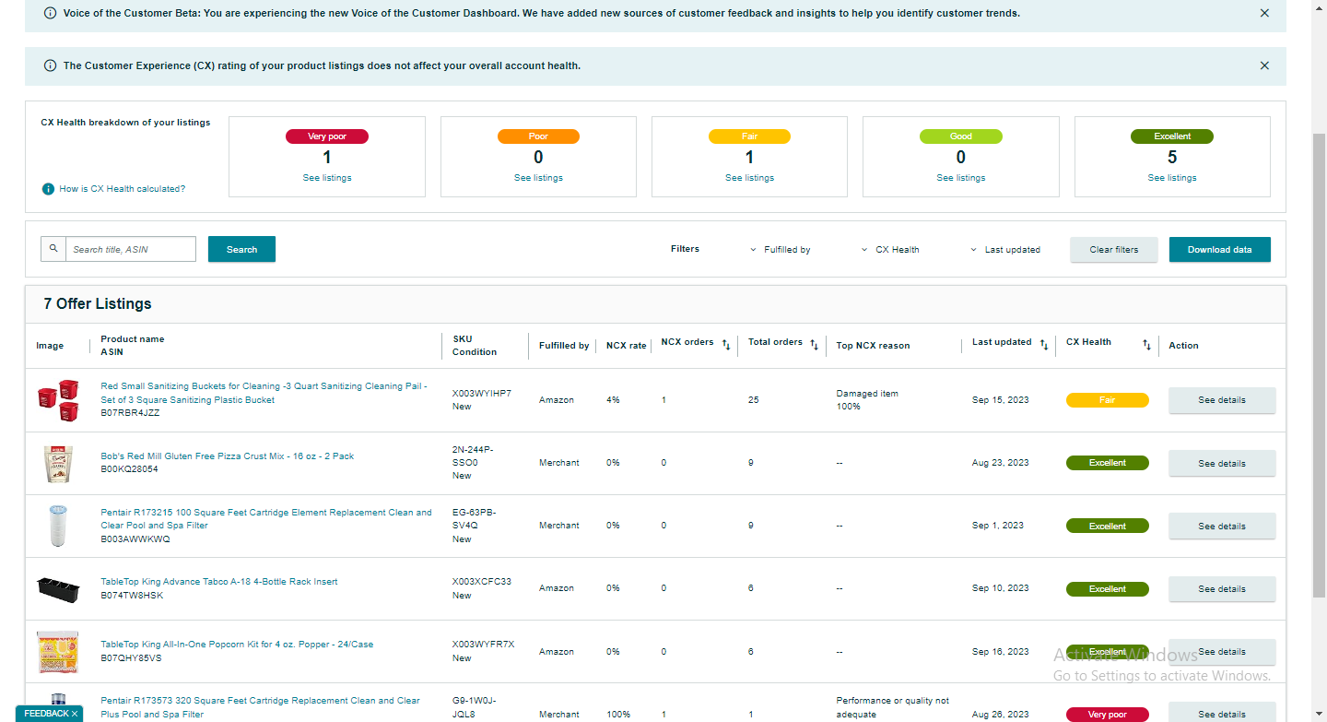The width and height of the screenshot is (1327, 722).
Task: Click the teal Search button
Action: point(241,249)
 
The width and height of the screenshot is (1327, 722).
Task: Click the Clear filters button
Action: point(1114,250)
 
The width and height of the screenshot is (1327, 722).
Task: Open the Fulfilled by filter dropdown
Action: point(781,250)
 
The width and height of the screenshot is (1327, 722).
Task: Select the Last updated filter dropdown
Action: point(1005,250)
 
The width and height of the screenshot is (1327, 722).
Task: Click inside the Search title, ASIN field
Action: point(130,249)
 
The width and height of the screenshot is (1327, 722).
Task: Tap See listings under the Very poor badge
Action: point(327,178)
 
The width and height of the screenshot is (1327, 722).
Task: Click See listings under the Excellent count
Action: point(1172,178)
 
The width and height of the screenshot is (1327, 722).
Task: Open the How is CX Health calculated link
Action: point(122,188)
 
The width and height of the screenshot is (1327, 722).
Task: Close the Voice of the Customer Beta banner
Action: point(1264,13)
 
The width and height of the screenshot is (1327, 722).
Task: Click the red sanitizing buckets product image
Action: point(58,400)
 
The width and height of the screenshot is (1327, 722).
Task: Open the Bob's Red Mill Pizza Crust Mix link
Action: point(227,456)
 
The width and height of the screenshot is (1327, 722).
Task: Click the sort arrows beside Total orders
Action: point(814,345)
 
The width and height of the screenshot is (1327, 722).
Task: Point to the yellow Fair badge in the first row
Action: point(1108,400)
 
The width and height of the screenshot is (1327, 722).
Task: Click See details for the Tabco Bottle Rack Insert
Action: point(1222,588)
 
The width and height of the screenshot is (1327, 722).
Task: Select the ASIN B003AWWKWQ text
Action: point(135,539)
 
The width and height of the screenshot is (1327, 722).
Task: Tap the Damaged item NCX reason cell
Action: point(866,399)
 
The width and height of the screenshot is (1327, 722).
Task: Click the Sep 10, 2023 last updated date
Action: point(1000,588)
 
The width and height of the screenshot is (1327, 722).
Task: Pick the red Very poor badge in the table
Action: point(1108,715)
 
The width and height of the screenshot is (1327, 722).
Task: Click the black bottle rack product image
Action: point(58,589)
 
